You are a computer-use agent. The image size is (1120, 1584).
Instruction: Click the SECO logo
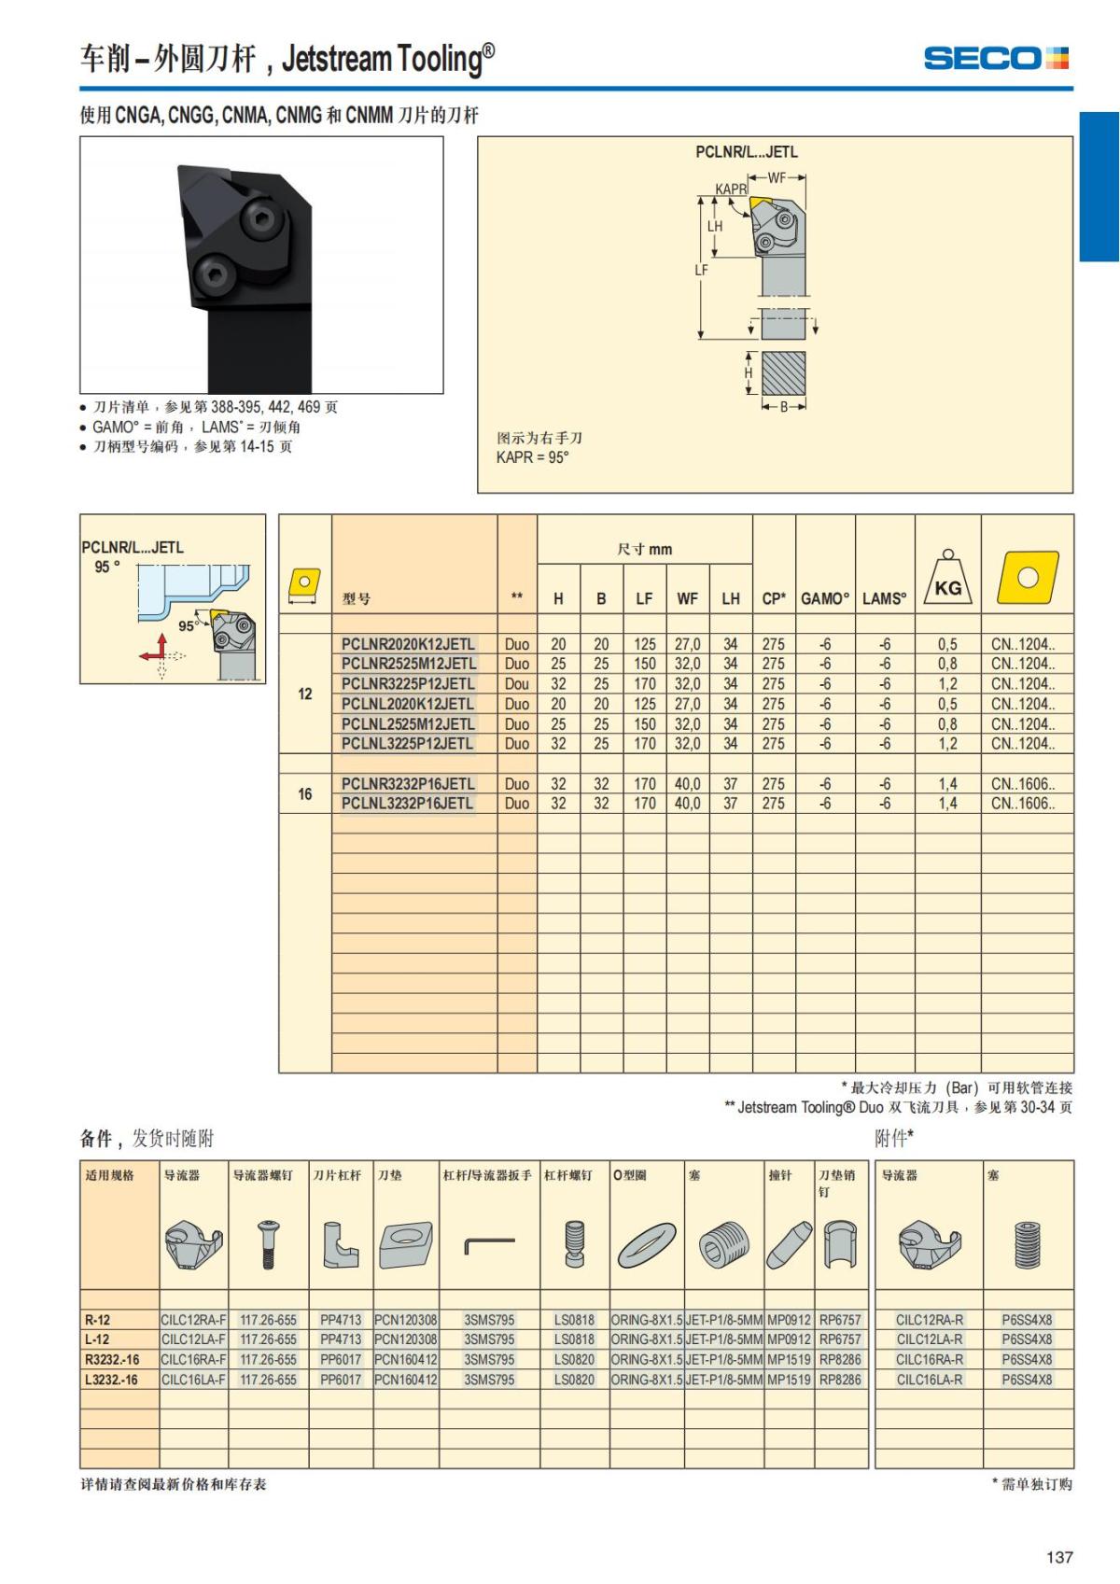pos(996,59)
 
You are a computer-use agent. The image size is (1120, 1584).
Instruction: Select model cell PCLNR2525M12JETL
pos(408,664)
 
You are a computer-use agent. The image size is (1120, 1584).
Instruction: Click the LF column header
pos(644,599)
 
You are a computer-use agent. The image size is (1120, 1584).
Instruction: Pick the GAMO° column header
pos(825,599)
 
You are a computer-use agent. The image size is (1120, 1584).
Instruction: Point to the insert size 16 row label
pos(305,794)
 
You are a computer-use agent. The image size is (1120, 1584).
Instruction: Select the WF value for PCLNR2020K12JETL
pos(687,644)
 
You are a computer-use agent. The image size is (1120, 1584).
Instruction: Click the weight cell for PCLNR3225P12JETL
pos(947,684)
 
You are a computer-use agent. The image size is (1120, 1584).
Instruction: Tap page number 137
pos(1059,1557)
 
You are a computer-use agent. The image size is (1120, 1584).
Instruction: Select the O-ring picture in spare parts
pos(647,1245)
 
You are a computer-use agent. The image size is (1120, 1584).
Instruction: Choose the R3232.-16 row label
pos(112,1360)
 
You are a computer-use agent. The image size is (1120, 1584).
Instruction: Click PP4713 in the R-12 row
pos(341,1320)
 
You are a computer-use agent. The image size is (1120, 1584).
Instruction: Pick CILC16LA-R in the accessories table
pos(929,1380)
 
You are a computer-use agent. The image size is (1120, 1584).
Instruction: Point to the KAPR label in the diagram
pos(731,189)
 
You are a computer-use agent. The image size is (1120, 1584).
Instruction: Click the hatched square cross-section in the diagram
pos(783,373)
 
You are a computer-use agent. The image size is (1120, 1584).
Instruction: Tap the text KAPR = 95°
pos(532,457)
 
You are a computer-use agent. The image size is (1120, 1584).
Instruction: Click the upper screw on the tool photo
pos(258,220)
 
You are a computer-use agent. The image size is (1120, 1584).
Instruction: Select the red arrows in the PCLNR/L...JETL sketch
pos(155,651)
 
